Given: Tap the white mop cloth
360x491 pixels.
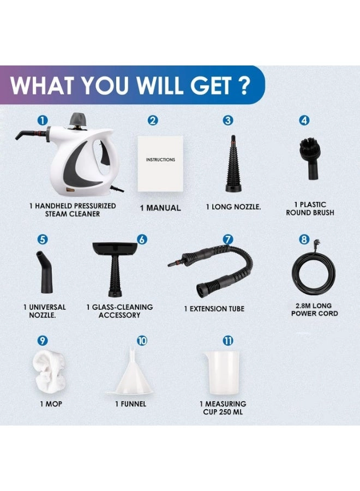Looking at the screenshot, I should (46, 370).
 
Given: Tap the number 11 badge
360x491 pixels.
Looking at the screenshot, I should (228, 340).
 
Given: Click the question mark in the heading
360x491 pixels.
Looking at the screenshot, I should (243, 86).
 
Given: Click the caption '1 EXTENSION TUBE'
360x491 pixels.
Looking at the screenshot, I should (214, 309).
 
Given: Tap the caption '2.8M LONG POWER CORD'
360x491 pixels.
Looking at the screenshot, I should (314, 310).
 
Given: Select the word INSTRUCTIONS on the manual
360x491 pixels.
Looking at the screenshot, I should (160, 160).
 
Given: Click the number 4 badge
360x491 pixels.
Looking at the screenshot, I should (304, 121).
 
